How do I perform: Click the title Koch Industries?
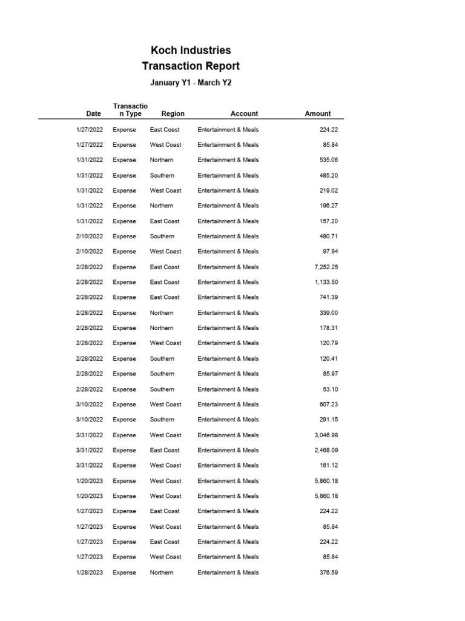(x=191, y=50)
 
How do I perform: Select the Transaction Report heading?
(x=191, y=66)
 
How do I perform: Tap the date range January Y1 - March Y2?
(x=191, y=82)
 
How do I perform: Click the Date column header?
(x=94, y=113)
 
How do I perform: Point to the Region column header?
(x=173, y=113)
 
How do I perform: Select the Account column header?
(x=244, y=113)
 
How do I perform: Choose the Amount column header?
(x=318, y=113)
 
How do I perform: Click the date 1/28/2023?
(x=90, y=572)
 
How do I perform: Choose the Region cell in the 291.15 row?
(x=162, y=420)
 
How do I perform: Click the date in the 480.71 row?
(x=90, y=237)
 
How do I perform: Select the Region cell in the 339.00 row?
(x=162, y=313)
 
